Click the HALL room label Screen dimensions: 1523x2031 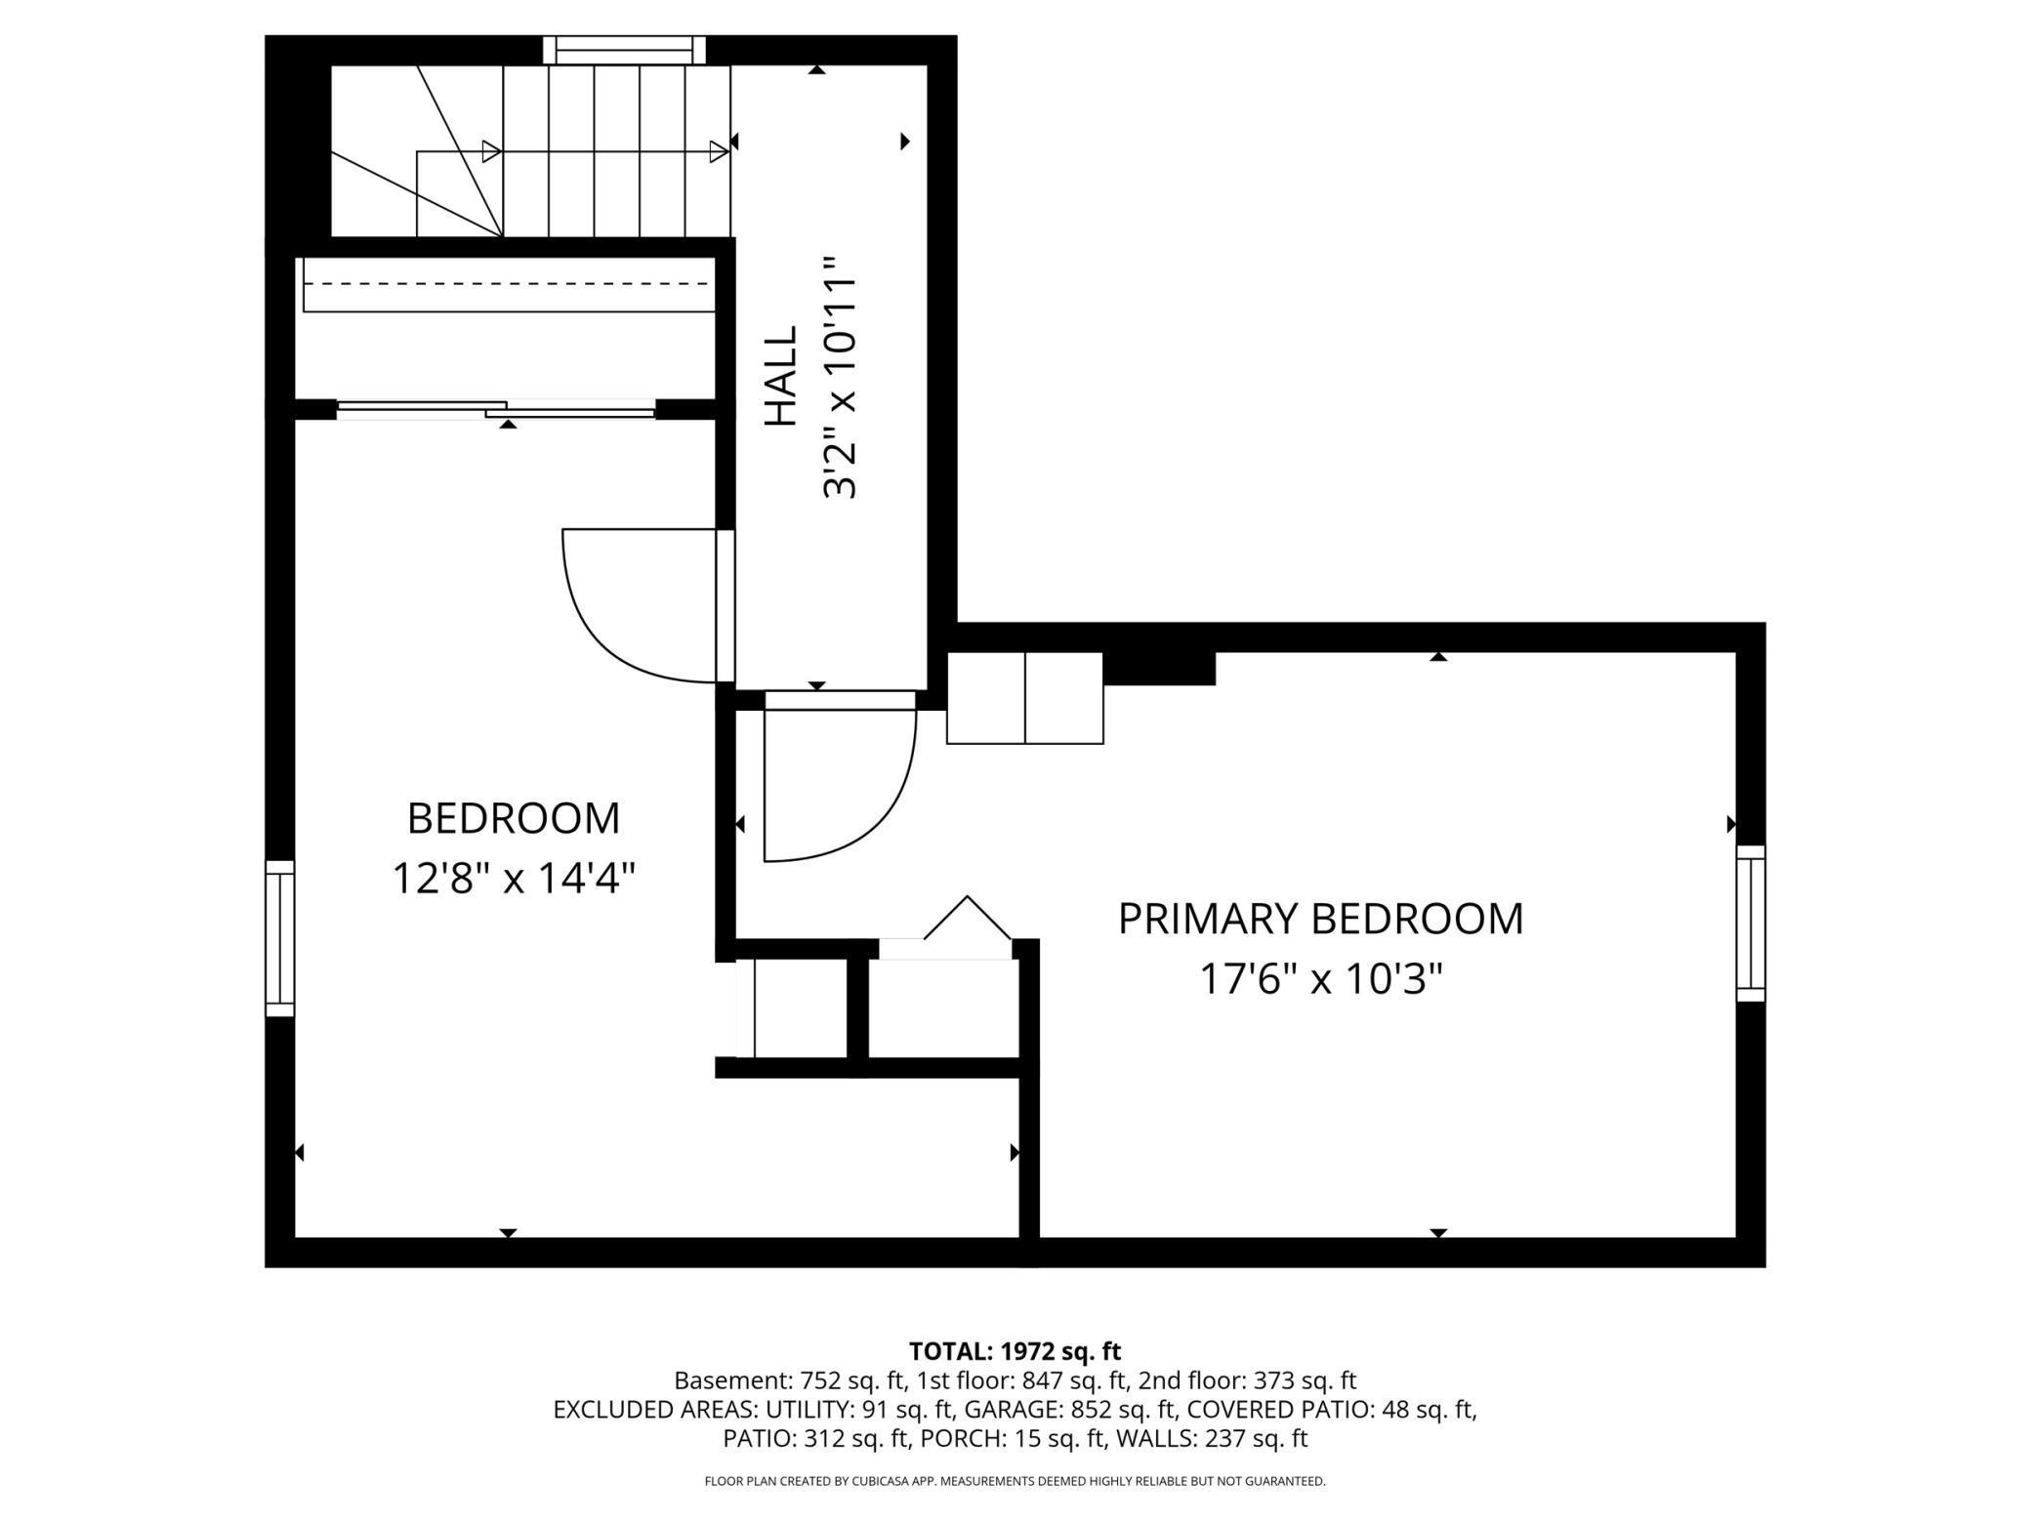click(x=781, y=377)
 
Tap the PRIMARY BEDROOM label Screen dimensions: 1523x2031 click(x=1320, y=919)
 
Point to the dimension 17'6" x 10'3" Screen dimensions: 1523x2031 click(x=1320, y=978)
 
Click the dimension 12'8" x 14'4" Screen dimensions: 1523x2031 click(x=514, y=878)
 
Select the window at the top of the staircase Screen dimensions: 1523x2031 click(x=623, y=50)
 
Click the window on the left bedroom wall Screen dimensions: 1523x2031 click(x=280, y=938)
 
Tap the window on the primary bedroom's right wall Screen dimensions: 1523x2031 click(x=1750, y=924)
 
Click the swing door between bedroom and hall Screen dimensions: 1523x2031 click(x=640, y=605)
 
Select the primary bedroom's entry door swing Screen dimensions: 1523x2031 click(x=840, y=781)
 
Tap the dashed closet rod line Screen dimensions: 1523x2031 click(x=508, y=284)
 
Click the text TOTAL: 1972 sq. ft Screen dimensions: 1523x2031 click(x=1015, y=1351)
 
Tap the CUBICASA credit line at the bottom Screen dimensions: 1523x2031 click(x=1015, y=1481)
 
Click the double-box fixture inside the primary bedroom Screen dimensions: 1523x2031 click(x=1025, y=698)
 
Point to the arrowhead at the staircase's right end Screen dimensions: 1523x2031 click(x=719, y=152)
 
